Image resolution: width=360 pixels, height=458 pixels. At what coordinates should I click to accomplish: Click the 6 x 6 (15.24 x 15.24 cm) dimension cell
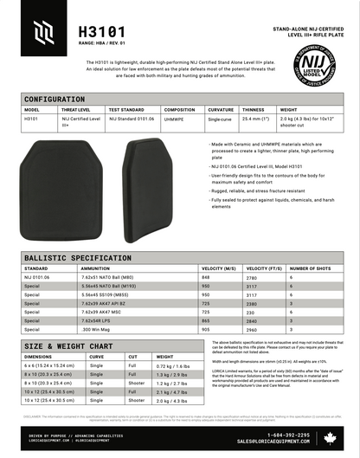coord(54,366)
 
